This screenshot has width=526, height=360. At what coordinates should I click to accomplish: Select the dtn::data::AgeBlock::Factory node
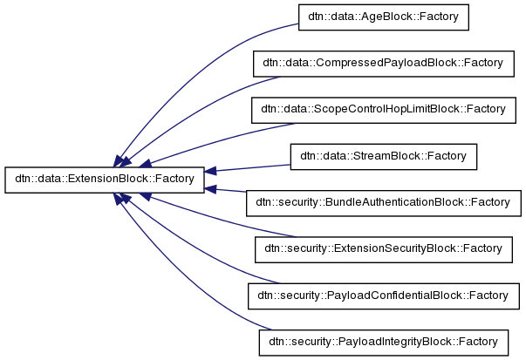click(384, 17)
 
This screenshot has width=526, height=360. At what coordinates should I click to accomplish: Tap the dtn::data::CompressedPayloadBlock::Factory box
click(384, 64)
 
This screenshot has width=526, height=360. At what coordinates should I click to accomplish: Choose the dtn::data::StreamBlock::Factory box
click(384, 157)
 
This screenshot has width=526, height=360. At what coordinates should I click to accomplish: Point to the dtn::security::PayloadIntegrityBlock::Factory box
click(383, 342)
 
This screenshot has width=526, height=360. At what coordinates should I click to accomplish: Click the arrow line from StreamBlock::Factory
click(253, 166)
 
